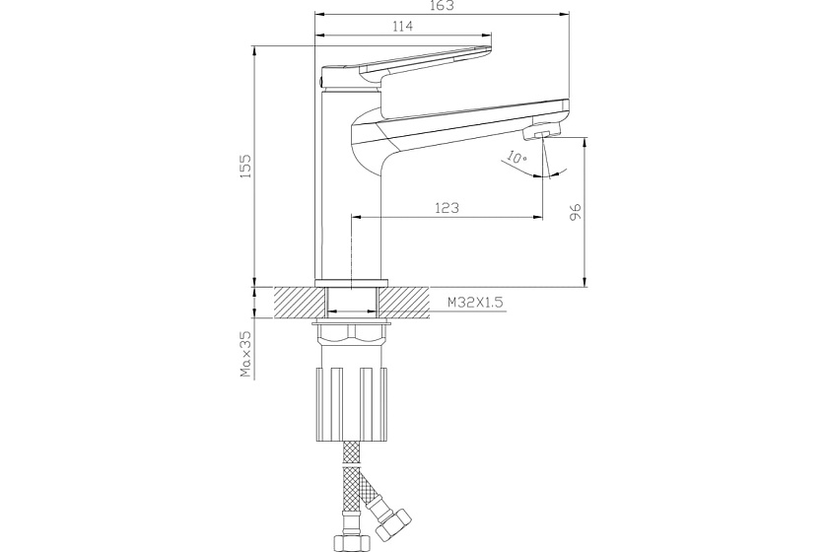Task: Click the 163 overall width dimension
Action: coord(442,5)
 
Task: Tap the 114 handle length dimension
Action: coord(403,26)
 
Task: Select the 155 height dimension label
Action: coord(246,166)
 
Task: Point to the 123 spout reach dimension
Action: coord(447,208)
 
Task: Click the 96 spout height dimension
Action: coord(575,210)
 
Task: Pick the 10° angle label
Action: coord(517,157)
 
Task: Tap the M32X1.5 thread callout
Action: coord(475,303)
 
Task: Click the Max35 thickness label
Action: coord(246,354)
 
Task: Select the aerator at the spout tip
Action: coord(542,132)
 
